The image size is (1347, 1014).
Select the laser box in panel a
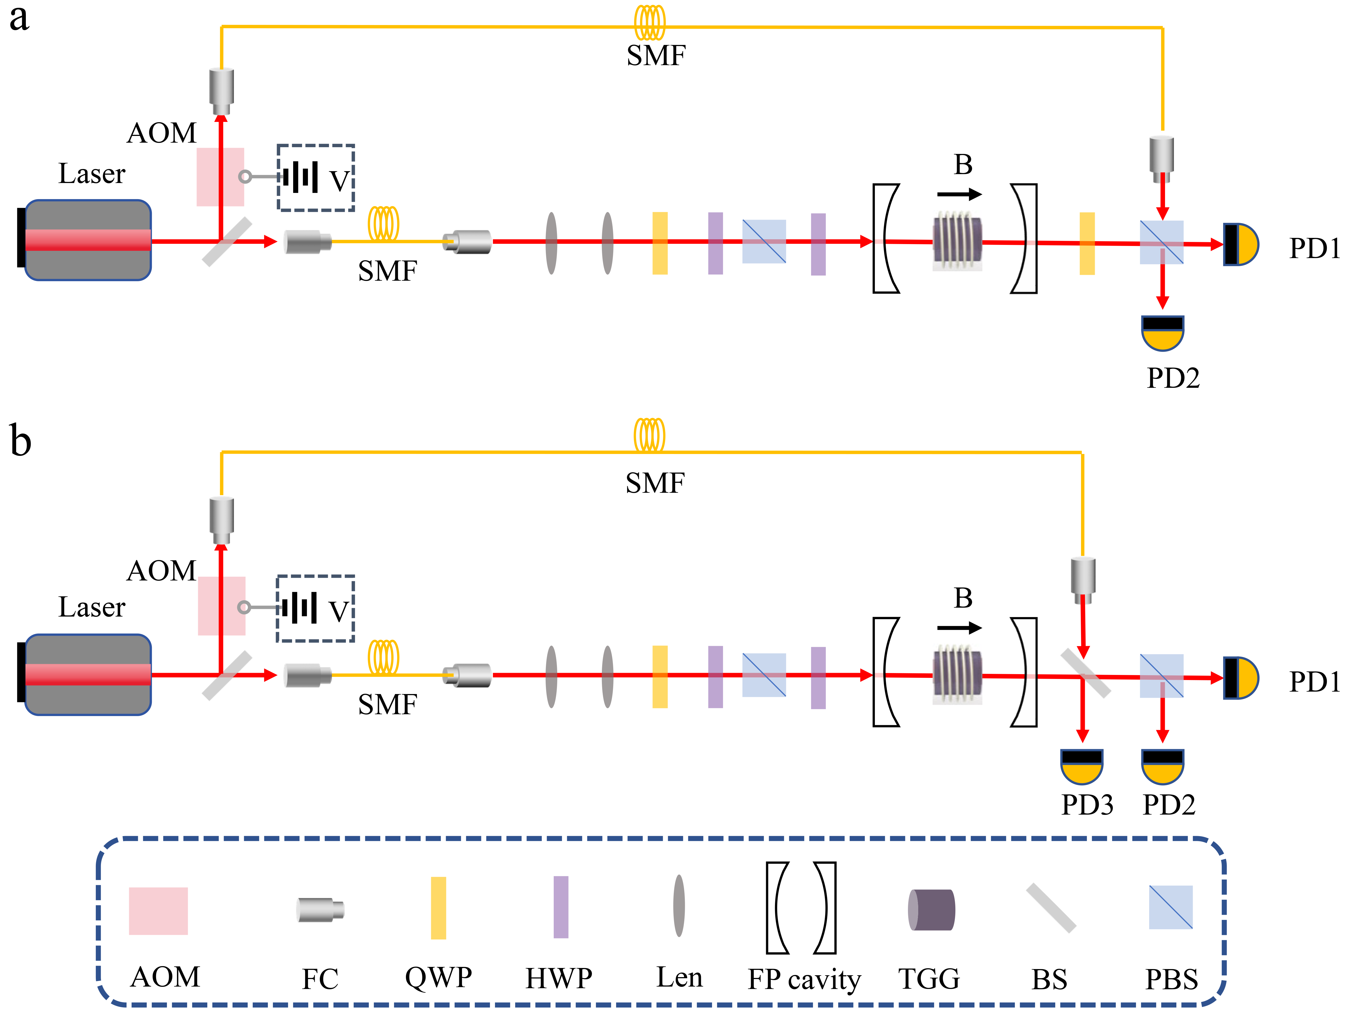coord(87,240)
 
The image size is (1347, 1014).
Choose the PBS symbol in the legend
coord(1170,907)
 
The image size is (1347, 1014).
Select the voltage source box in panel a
coord(315,178)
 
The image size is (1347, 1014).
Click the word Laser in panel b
coord(92,607)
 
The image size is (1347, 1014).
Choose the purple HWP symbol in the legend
coord(561,907)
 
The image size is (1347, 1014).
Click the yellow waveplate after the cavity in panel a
coord(1087,244)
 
